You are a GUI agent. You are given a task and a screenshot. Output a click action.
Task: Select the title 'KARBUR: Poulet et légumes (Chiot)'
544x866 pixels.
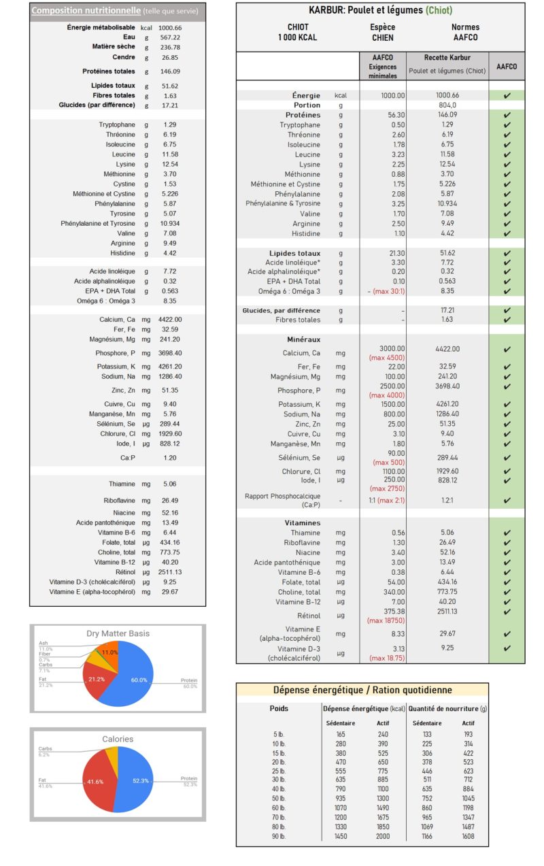pyautogui.click(x=380, y=10)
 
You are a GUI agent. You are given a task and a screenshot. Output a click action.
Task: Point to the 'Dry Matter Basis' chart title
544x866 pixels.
pyautogui.click(x=118, y=633)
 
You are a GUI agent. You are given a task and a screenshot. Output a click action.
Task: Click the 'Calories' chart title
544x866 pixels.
pyautogui.click(x=118, y=739)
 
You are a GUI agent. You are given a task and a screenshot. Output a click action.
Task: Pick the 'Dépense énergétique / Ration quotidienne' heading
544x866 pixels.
pyautogui.click(x=362, y=690)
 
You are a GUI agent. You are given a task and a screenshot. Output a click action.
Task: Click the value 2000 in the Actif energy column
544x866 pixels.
pyautogui.click(x=383, y=835)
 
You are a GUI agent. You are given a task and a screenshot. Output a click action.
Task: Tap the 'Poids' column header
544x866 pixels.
pyautogui.click(x=279, y=708)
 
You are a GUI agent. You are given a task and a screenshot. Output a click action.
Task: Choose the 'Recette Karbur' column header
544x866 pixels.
pyautogui.click(x=447, y=58)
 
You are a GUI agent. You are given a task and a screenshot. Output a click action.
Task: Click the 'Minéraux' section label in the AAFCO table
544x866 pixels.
pyautogui.click(x=304, y=339)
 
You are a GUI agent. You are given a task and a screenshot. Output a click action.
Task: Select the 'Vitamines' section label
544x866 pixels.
pyautogui.click(x=303, y=523)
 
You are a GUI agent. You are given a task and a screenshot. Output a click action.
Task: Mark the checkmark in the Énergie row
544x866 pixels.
pyautogui.click(x=507, y=96)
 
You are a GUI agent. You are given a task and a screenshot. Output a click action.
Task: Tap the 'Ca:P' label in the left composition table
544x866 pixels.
pyautogui.click(x=128, y=458)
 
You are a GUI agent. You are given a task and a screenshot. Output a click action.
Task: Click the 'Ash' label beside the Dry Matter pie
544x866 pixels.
pyautogui.click(x=43, y=643)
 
